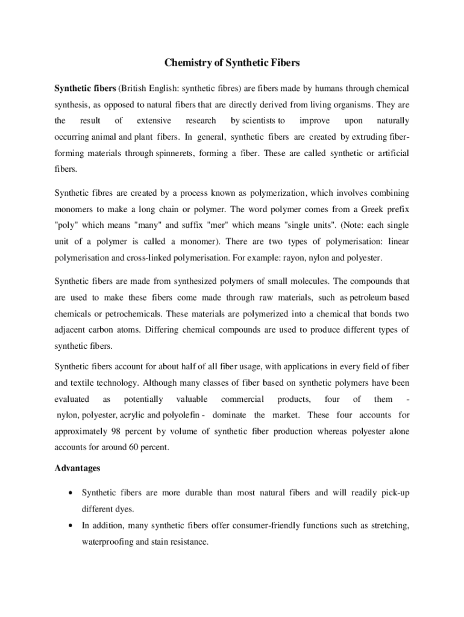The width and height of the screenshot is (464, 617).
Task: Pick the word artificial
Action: (391, 153)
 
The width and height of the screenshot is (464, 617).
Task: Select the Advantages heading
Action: (77, 468)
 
